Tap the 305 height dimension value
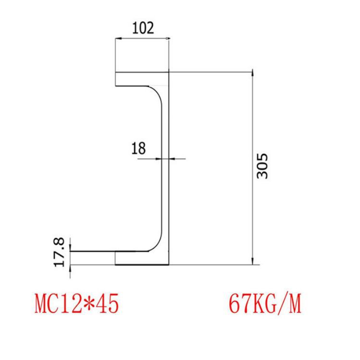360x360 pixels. pyautogui.click(x=262, y=166)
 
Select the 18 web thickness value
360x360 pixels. pyautogui.click(x=138, y=148)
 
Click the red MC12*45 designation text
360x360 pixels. pyautogui.click(x=76, y=304)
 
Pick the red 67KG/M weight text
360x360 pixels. pyautogui.click(x=265, y=304)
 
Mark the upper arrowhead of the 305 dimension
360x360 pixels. pyautogui.click(x=252, y=75)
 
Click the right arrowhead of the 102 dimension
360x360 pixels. pyautogui.click(x=166, y=38)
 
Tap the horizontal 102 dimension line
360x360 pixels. pyautogui.click(x=143, y=38)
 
